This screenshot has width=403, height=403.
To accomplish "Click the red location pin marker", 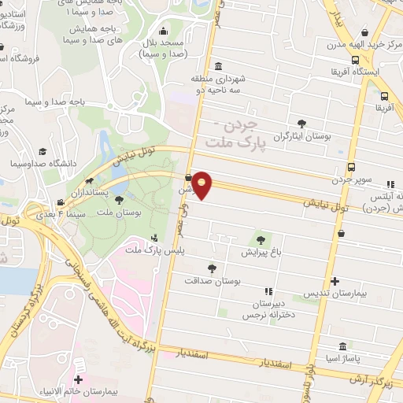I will pyautogui.click(x=202, y=185).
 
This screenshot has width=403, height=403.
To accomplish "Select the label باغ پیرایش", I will pyautogui.click(x=260, y=253).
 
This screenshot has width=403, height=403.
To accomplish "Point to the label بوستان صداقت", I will pyautogui.click(x=211, y=280).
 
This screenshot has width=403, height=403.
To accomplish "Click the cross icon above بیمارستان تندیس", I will pyautogui.click(x=336, y=280).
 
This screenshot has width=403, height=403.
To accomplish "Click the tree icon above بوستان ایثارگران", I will pyautogui.click(x=302, y=123).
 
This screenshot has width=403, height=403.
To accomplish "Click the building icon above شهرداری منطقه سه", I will pyautogui.click(x=218, y=65).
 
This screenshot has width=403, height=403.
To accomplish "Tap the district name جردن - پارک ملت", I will pyautogui.click(x=234, y=133).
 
